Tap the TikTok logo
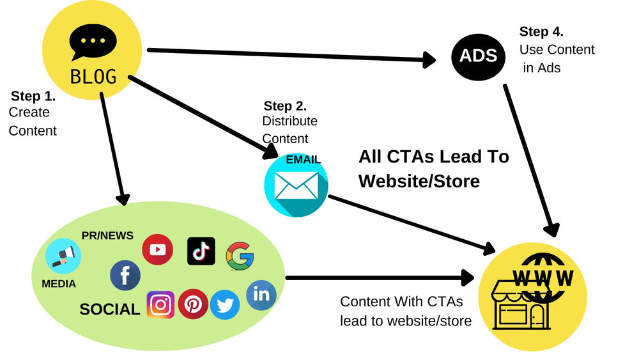(201, 251)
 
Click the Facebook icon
(125, 276)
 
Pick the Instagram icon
(160, 305)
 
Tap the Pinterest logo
(193, 304)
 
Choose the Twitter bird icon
(225, 305)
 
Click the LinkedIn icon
(261, 295)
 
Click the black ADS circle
(478, 56)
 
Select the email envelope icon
(296, 185)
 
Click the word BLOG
(93, 77)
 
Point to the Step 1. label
(33, 97)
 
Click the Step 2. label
(285, 106)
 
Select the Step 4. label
(541, 32)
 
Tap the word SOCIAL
(110, 309)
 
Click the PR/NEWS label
(107, 235)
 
